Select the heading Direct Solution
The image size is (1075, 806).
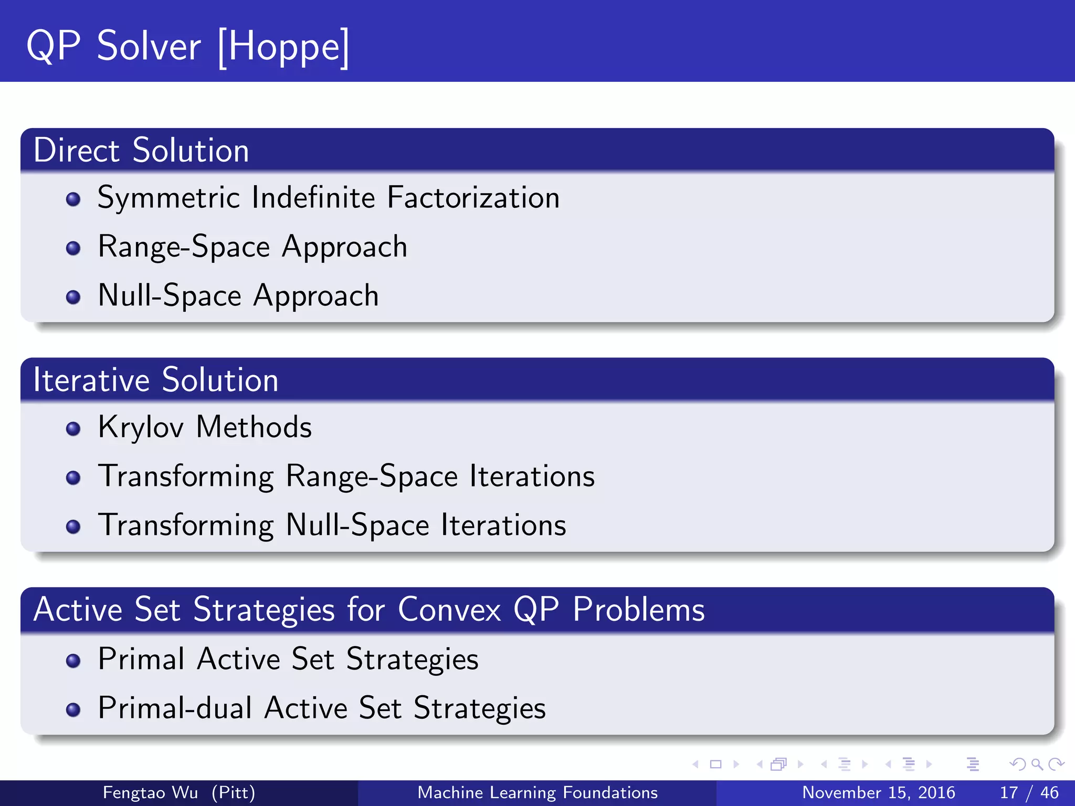(x=141, y=151)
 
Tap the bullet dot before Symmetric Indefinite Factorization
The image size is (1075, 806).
(x=73, y=199)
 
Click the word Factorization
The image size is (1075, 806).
(x=473, y=198)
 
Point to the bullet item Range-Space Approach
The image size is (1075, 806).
(x=252, y=247)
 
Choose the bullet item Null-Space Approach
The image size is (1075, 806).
(x=238, y=295)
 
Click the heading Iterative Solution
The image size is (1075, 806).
(x=155, y=380)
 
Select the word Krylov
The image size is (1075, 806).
(x=141, y=427)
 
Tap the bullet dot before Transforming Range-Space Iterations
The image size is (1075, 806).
(x=73, y=478)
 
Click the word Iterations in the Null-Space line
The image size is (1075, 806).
(x=503, y=525)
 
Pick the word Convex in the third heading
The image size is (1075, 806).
(x=449, y=610)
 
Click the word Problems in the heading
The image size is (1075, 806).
(x=638, y=610)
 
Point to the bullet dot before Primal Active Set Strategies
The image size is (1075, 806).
(x=73, y=661)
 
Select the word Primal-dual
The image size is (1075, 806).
(x=175, y=708)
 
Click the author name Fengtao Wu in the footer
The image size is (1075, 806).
(x=150, y=792)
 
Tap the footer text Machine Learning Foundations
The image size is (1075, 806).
(x=537, y=792)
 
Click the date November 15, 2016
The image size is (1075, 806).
(x=878, y=792)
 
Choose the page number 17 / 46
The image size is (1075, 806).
(x=1029, y=792)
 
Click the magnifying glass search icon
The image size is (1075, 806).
(x=1036, y=764)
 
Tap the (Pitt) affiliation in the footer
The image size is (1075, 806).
(x=233, y=792)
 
